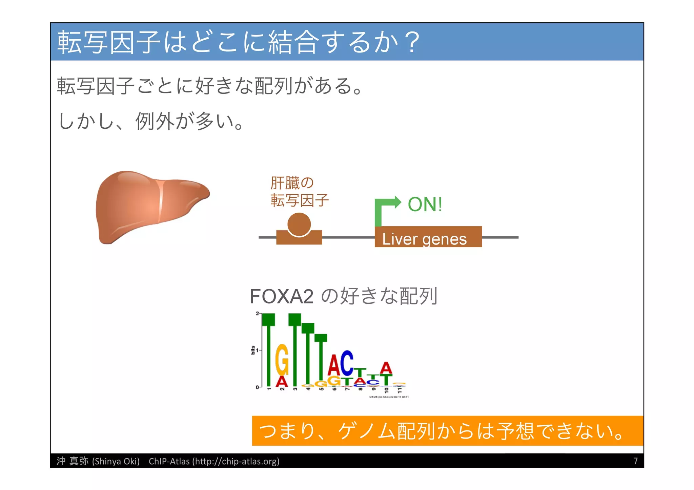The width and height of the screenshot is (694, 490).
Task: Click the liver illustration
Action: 149,207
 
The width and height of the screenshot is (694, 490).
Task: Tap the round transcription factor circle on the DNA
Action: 299,225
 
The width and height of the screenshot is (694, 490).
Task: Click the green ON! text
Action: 425,205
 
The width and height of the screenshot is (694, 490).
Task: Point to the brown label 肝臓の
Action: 292,183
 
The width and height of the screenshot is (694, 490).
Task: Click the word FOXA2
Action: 281,297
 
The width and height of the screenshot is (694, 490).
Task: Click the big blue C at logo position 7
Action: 347,363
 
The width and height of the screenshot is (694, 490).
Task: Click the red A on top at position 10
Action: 386,368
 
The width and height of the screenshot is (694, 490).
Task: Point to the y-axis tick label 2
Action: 257,314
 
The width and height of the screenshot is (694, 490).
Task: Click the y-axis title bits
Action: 253,350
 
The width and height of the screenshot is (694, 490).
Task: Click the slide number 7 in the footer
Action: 635,461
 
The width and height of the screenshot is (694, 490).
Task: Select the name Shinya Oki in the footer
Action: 116,462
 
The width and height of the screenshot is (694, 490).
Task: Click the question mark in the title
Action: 413,43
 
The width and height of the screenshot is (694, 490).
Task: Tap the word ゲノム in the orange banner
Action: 366,431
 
